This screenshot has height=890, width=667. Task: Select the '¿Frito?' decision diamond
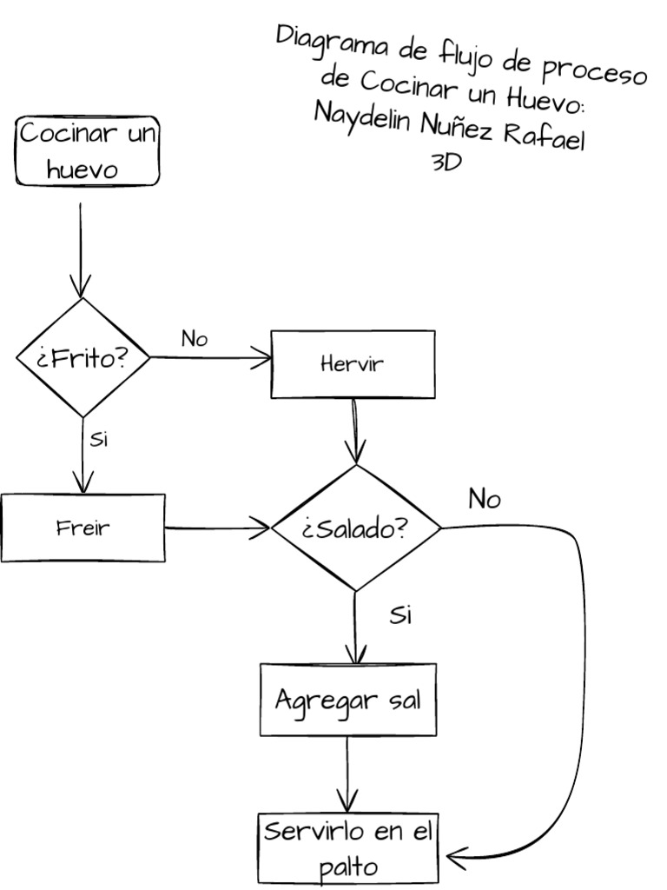pos(83,357)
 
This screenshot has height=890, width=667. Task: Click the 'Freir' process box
pos(83,528)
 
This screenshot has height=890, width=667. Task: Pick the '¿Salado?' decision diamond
pos(355,528)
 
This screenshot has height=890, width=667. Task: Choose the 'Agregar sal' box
pos(347,700)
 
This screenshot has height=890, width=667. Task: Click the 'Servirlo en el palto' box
pos(347,847)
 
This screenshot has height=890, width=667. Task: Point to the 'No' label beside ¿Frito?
pos(195,339)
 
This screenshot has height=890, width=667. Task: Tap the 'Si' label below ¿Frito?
pos(99,439)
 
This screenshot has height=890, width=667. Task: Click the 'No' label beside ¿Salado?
pos(484,500)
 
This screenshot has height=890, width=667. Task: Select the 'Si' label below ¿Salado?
pos(400,615)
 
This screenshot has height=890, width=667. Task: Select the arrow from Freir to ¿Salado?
pos(217,527)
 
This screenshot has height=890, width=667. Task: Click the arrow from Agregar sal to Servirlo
pos(347,774)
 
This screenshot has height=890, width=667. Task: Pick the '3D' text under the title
pos(446,163)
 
